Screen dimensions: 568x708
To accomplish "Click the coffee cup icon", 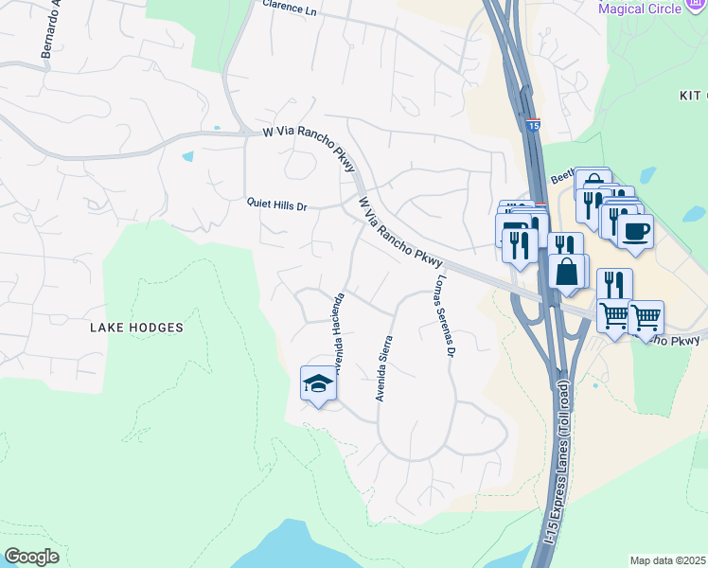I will (x=635, y=230).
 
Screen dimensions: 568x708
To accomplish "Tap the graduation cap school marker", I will (x=318, y=383).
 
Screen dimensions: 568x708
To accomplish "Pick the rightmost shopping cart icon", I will (x=646, y=317).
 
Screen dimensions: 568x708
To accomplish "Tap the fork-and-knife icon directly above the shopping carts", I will (x=614, y=285).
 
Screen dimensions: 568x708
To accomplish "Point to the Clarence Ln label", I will (x=290, y=8).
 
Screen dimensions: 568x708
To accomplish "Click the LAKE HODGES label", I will (x=135, y=328).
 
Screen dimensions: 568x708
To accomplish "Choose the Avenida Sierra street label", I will (x=385, y=368).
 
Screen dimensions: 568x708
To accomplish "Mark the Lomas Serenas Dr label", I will (x=445, y=317).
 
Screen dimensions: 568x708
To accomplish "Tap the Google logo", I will (x=31, y=557).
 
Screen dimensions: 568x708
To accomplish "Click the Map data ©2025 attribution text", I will (x=667, y=560).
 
